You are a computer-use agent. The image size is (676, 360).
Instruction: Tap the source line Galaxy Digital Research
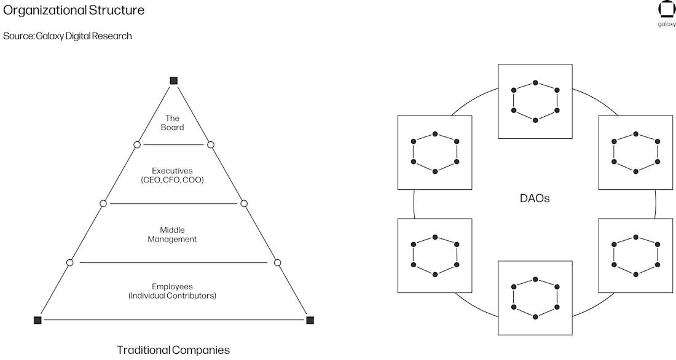[67, 36]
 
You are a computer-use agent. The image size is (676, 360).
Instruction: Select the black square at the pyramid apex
[173, 80]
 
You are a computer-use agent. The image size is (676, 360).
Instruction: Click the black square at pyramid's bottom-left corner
[37, 320]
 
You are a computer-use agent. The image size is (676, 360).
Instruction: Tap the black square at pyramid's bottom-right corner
[310, 320]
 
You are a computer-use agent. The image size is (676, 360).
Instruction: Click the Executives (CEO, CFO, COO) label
[172, 176]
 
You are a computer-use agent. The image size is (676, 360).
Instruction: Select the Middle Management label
[172, 235]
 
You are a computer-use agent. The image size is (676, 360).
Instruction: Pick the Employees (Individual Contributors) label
[172, 291]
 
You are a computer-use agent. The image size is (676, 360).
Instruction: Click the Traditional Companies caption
[173, 350]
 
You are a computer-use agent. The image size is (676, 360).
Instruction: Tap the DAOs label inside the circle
[535, 198]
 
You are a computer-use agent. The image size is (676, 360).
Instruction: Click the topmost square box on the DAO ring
[535, 101]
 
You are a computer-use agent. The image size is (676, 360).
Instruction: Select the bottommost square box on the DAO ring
[535, 298]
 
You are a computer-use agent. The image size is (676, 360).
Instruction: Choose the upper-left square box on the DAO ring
[435, 152]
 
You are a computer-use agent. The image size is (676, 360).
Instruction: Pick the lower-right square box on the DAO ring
[635, 255]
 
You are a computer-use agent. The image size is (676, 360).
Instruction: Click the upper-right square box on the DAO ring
[635, 152]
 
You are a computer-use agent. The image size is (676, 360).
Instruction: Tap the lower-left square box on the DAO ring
[435, 255]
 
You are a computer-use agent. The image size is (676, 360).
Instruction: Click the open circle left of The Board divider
[137, 144]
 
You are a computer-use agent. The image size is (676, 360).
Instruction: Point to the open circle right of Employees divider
[277, 263]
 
